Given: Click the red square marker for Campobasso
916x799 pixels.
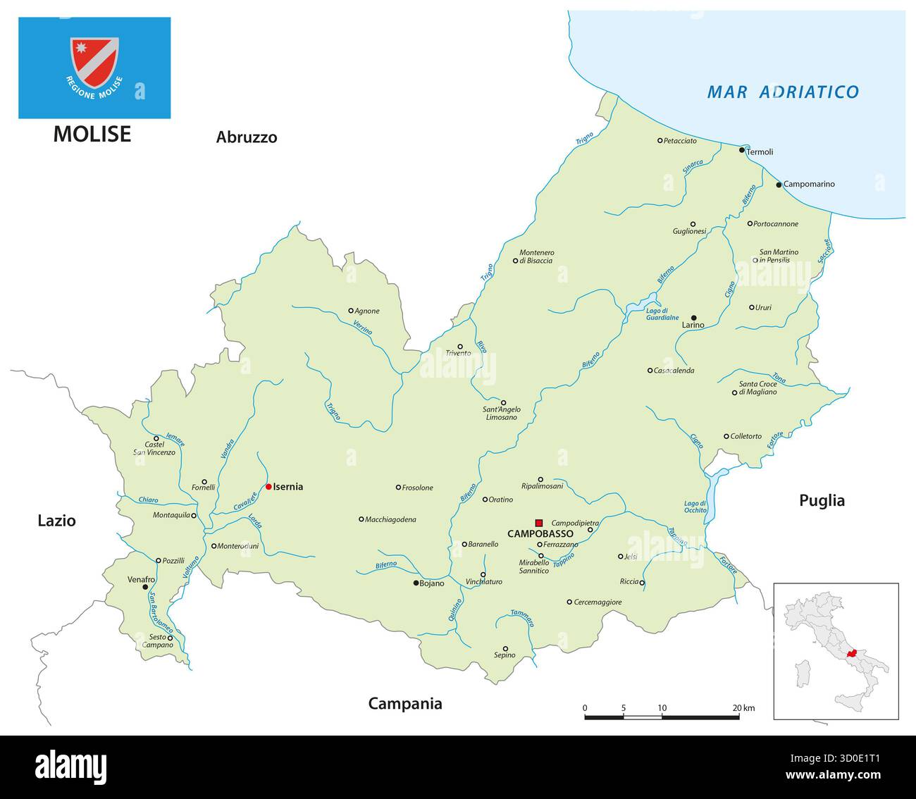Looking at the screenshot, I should (539, 522).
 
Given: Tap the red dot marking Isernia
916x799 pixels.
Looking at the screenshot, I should (268, 486).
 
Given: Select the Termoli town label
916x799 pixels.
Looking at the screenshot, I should (760, 152).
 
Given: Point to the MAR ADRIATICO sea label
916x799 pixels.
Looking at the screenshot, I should (783, 92).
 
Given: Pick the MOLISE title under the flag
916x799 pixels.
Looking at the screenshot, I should (92, 134).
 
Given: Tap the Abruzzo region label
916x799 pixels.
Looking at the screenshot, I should (247, 137).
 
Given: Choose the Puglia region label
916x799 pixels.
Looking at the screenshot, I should (822, 500).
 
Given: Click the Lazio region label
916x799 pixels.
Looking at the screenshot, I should (56, 521).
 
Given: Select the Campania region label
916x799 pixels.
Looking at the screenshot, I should (405, 703).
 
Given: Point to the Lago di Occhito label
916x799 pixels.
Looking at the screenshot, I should (695, 507).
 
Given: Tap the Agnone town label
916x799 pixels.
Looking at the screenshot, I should (367, 311).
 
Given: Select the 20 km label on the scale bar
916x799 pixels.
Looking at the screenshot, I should (743, 707).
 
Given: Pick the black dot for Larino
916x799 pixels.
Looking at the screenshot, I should (693, 318).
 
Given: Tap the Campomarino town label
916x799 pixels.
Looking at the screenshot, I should (809, 185).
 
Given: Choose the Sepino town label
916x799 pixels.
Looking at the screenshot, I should (505, 655).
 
